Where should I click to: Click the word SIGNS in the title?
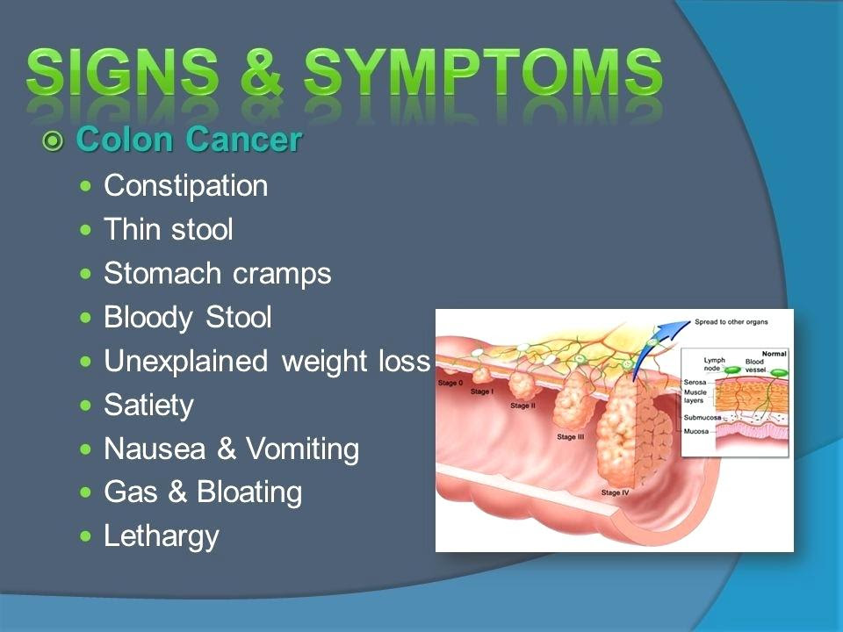point(123,72)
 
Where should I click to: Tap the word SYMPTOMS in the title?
point(483,72)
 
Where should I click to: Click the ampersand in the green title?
point(262,72)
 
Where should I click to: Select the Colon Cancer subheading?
point(189,140)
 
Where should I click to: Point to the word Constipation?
point(185,186)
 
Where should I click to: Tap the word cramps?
point(282,274)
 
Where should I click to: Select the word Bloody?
point(148,318)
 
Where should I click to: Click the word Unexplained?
point(185,362)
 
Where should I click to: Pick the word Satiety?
point(148,406)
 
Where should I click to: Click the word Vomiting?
point(302,449)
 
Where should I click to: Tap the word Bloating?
point(249,492)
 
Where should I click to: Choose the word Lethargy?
point(162,537)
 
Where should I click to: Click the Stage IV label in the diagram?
point(615,492)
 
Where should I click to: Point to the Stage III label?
point(571,437)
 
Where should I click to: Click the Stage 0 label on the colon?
point(450,383)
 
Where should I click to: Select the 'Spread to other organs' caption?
point(731,322)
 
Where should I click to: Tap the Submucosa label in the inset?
point(702,418)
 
